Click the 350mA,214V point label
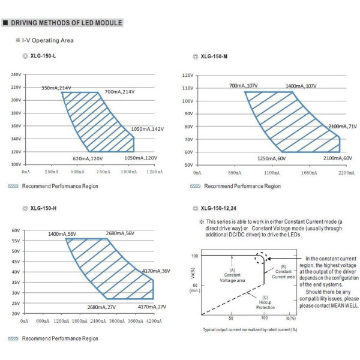coord(56,88)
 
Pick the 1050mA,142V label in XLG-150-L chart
coord(148,129)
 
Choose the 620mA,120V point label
coord(88,158)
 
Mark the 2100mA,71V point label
coord(342,127)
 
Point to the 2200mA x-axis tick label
coord(346,172)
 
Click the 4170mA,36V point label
coord(156,271)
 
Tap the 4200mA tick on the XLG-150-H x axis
coord(154,321)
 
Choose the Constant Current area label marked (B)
coord(283,274)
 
